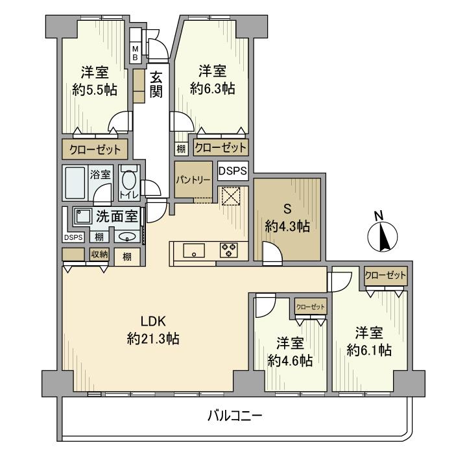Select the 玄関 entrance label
pos(156,84)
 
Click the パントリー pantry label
pos(192,180)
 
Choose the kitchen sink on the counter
pos(194,251)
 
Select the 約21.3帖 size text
pos(154,338)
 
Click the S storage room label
pos(286,210)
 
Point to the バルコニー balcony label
pos(234,416)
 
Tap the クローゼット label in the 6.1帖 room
pos(386,276)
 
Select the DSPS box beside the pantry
pos(232,171)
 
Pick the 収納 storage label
pos(99,254)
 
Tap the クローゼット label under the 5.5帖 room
pos(95,150)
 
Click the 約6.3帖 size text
pos(212,90)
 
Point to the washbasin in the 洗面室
pos(128,236)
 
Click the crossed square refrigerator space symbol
pos(230,197)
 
